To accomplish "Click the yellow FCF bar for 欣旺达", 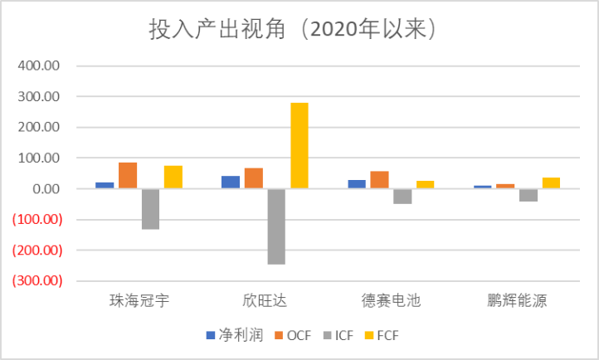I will (299, 146).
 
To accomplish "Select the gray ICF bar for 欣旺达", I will (276, 226).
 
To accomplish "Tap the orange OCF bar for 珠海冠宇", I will (128, 176).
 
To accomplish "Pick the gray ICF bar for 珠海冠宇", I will (150, 209).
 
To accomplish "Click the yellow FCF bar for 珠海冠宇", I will (173, 178).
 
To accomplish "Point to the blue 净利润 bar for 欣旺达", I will (231, 182).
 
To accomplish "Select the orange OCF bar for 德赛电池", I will (379, 180).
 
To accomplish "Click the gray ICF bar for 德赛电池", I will (402, 197).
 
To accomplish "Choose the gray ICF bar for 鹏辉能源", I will (528, 195).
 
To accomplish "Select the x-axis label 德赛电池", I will (392, 300).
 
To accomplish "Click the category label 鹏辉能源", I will (518, 300).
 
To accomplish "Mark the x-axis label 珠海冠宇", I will (139, 300).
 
